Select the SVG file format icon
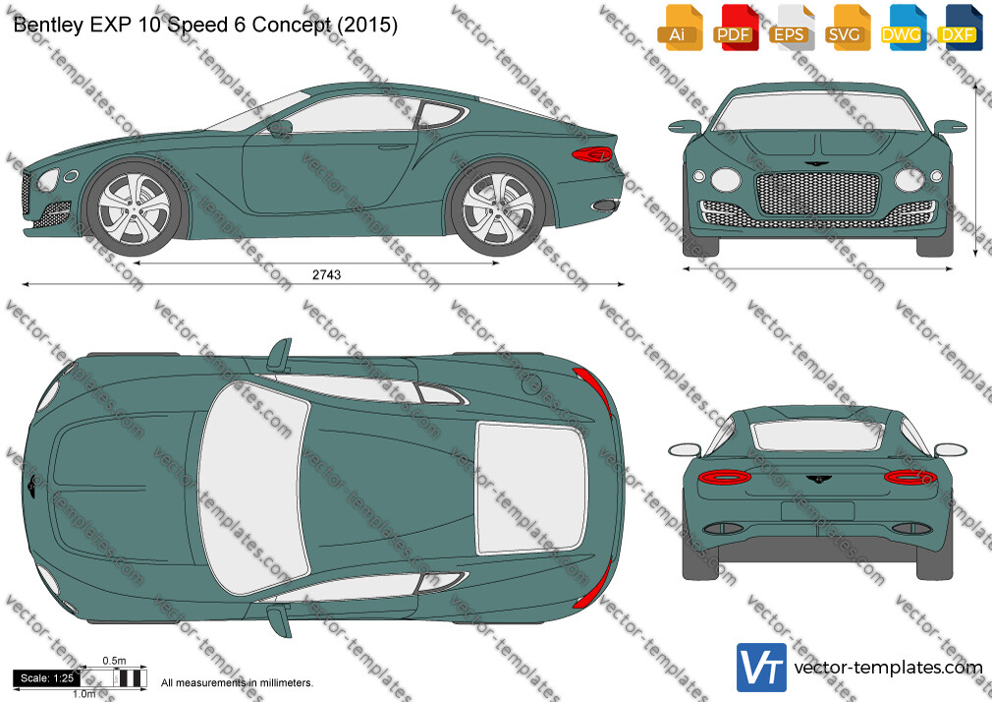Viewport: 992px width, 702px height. pos(848,28)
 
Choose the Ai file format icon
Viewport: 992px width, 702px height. pos(680,28)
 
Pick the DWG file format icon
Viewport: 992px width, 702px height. pos(904,28)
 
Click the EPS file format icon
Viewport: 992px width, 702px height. pos(792,28)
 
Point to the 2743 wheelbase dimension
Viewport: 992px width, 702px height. pos(326,274)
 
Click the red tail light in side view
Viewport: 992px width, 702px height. pos(591,154)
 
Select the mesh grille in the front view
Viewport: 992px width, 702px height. pos(817,194)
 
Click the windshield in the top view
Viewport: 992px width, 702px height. pos(253,488)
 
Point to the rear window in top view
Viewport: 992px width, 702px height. pos(531,487)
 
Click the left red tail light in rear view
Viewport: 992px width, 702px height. pos(725,477)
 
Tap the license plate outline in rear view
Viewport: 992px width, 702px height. pos(817,511)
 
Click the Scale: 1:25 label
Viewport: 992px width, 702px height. pos(47,678)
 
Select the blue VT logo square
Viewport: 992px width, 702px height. pos(762,668)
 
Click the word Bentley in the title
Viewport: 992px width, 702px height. pos(48,25)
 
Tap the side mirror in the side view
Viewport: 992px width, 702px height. pos(279,128)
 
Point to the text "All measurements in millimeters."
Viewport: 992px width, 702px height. pos(237,683)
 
